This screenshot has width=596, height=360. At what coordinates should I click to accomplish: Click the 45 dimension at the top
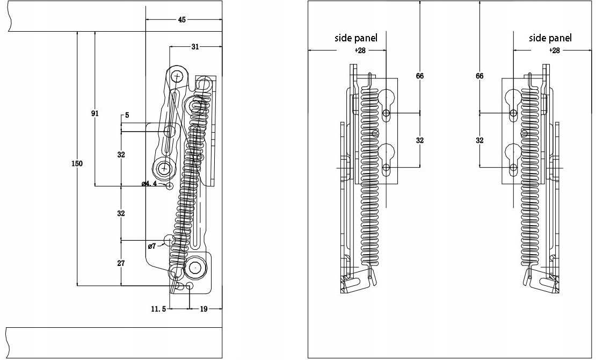(181, 19)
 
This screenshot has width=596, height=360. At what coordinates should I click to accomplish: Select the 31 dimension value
(195, 47)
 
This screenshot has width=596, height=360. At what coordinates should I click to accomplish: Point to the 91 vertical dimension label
(95, 113)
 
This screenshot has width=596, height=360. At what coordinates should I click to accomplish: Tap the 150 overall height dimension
(77, 163)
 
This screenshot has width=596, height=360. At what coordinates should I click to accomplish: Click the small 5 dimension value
(127, 115)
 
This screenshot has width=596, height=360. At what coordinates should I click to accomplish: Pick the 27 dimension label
(121, 263)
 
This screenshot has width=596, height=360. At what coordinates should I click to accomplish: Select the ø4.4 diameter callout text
(149, 184)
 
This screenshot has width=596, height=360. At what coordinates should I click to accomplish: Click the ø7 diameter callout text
(151, 246)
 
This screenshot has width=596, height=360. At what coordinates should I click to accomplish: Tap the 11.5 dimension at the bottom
(158, 309)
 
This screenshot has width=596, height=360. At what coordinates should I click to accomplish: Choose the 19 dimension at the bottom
(203, 309)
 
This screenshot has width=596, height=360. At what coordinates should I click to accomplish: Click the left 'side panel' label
(356, 38)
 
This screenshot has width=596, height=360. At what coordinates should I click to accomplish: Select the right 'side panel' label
(550, 38)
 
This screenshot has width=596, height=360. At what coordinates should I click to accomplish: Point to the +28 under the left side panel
(360, 50)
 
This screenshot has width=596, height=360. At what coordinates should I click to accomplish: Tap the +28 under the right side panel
(555, 50)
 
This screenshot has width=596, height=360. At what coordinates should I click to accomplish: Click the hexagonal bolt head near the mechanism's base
(196, 268)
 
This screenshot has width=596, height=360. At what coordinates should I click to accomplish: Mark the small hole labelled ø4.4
(170, 186)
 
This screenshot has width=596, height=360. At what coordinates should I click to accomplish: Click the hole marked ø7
(169, 240)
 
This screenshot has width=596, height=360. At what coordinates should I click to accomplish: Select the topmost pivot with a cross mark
(177, 77)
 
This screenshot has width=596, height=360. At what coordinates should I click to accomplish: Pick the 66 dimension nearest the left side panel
(420, 76)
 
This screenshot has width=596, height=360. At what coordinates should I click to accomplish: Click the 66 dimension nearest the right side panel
(479, 76)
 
